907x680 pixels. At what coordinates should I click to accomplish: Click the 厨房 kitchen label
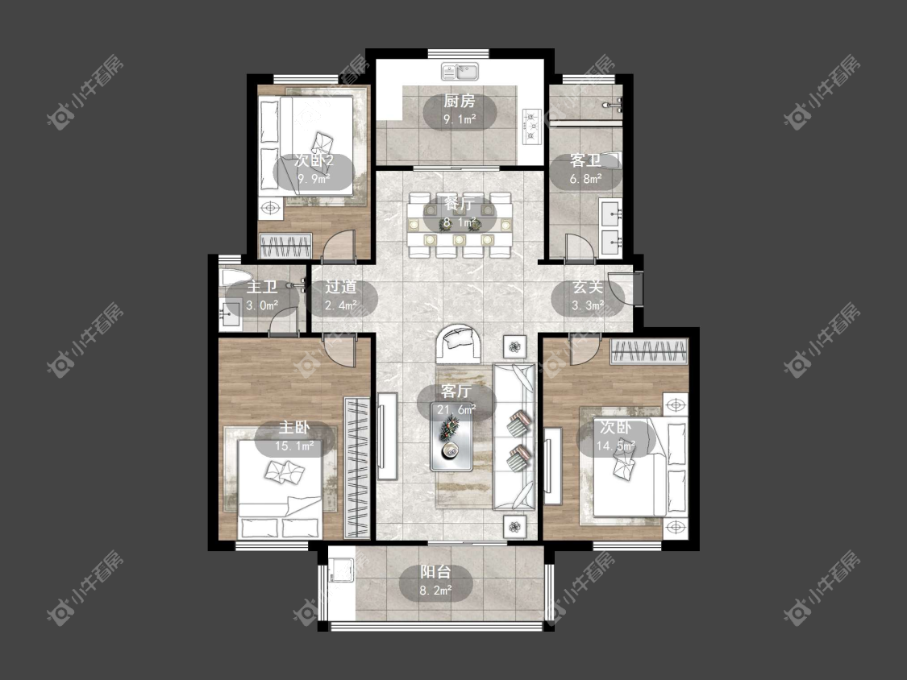pos(460,102)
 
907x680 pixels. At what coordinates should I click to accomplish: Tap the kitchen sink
pos(460,72)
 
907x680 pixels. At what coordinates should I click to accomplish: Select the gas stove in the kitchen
pos(532,126)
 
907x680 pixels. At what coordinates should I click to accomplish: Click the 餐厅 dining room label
pos(460,204)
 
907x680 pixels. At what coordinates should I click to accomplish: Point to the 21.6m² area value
pos(456,410)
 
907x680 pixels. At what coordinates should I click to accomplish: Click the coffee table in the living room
pos(451,442)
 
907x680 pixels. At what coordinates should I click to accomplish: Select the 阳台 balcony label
pos(435,573)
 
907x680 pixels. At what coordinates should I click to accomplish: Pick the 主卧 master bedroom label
pos(294,428)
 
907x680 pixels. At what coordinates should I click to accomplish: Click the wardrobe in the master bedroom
pos(357,466)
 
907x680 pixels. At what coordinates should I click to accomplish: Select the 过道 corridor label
pos(340,287)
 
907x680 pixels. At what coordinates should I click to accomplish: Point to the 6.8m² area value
pos(585,179)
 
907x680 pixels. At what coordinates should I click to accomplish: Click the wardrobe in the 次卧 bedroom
pos(649,352)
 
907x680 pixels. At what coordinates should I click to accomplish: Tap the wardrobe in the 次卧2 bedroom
pos(285,246)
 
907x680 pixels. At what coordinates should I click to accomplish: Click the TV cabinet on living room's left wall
pos(388,436)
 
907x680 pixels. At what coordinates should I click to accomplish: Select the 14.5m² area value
pos(616,446)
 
